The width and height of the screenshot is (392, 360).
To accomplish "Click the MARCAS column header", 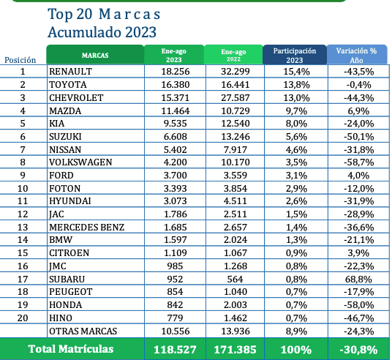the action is pos(95,55).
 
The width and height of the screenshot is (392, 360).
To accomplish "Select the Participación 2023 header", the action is pos(295,56).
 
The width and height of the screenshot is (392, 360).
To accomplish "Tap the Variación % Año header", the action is pos(356,56).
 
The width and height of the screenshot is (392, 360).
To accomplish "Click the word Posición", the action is pos(20,60).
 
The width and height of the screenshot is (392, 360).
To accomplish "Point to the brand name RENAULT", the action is pos(70,72).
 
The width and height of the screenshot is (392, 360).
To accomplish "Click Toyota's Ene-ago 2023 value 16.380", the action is pos(176,85).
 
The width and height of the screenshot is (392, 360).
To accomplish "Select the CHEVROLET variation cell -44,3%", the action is pos(359,97).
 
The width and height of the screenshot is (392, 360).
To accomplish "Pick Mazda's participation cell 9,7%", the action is pos(296,110).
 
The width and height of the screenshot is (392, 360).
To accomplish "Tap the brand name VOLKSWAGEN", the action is pos(80,162).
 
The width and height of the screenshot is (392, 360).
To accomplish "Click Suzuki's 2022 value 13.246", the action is pos(235,137).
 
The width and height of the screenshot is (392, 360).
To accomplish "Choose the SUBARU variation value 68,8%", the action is pos(358,279).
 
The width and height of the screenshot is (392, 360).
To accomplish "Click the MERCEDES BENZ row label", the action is pos(86,227).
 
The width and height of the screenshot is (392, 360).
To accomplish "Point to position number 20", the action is pos(23,318).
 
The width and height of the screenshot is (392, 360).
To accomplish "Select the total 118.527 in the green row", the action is pos(175,350).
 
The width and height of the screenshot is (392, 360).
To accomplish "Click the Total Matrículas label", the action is pos(71,349).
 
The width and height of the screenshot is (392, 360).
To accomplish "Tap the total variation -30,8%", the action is pos(359,350).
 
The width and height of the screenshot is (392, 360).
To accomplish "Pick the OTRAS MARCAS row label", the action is pos(83,331).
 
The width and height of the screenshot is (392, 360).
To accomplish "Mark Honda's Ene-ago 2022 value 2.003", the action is pos(235,304).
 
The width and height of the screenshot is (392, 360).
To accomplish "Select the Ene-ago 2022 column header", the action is pos(233,56).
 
